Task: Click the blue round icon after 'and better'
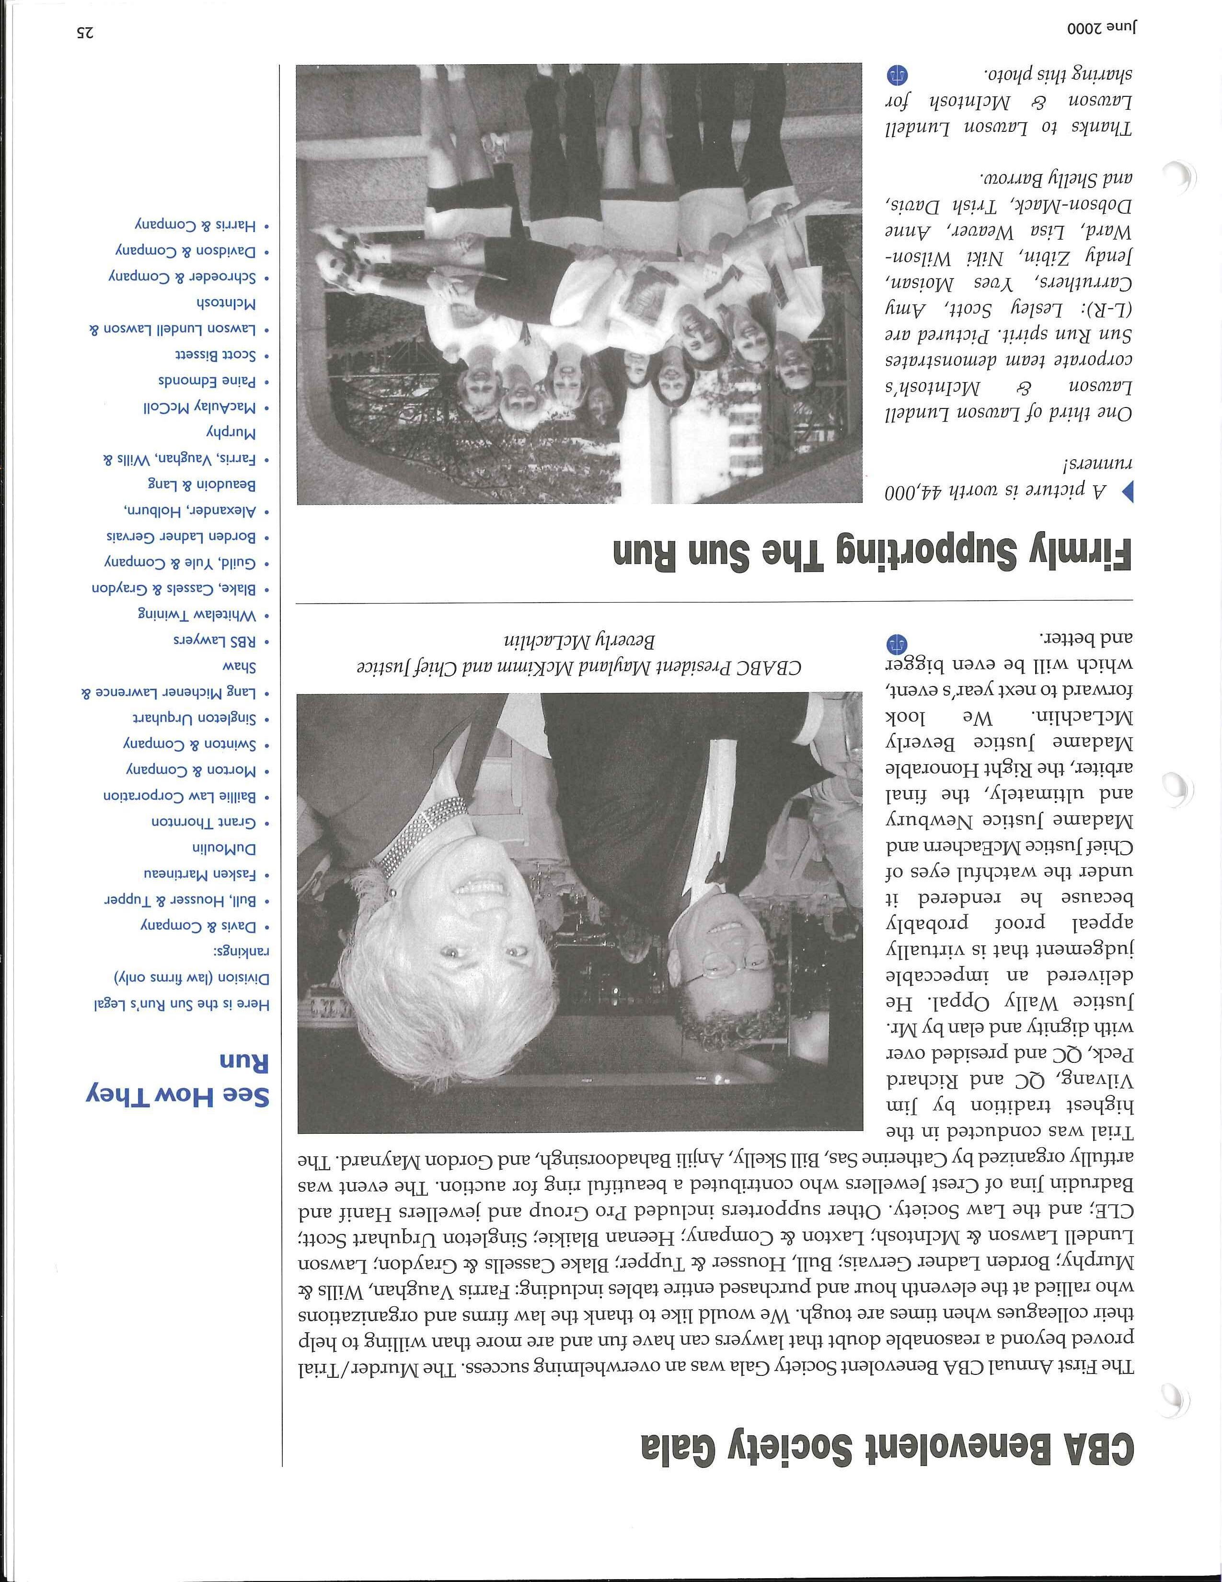896,642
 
